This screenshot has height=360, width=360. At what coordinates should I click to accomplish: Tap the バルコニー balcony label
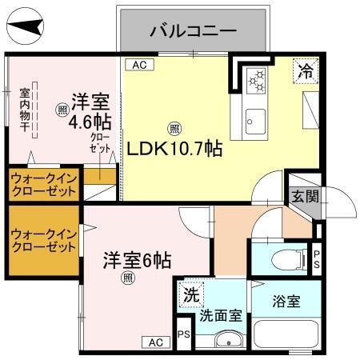tap(193, 32)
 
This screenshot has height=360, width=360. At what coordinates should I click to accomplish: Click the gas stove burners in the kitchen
tap(257, 78)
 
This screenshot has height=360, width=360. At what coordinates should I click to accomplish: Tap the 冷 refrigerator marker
tap(305, 70)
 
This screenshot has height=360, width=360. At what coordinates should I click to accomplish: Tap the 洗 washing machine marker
tap(190, 294)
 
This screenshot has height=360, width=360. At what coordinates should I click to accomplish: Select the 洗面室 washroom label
tap(220, 315)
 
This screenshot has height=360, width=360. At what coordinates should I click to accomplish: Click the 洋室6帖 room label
tap(135, 261)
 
